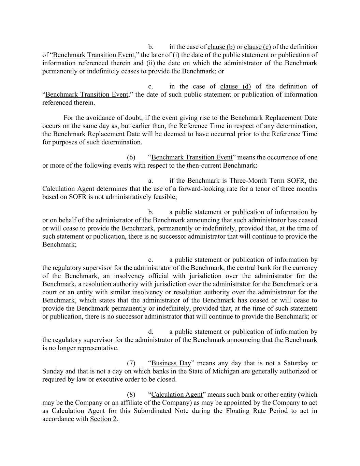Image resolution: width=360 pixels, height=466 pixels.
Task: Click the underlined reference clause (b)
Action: (x=221, y=47)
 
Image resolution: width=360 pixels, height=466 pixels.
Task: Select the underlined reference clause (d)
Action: (x=235, y=86)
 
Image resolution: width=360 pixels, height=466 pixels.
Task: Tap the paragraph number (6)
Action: (x=131, y=157)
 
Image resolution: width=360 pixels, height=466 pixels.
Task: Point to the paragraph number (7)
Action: (x=131, y=363)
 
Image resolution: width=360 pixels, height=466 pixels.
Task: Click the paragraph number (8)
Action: (x=131, y=395)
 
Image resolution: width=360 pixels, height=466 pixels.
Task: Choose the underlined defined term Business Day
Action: (x=171, y=363)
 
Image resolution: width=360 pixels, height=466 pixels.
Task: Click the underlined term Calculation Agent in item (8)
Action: (x=177, y=395)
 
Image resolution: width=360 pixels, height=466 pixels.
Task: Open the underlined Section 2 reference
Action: (x=103, y=419)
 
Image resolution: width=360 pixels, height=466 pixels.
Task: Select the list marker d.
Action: (x=150, y=332)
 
